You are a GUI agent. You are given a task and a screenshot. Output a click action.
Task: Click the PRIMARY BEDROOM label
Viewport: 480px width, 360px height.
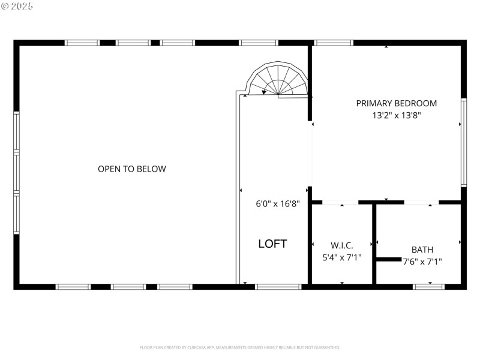[396, 103]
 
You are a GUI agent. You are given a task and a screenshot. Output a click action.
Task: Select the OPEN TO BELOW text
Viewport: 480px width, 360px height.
[132, 169]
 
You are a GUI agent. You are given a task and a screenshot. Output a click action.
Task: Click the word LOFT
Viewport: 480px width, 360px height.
[272, 244]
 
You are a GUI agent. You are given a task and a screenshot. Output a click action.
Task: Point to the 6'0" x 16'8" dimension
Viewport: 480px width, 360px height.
[278, 203]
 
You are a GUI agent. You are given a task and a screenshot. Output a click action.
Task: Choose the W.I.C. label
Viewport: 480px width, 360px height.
[342, 245]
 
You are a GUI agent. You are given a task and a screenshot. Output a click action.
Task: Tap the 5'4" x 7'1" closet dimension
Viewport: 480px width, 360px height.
[342, 257]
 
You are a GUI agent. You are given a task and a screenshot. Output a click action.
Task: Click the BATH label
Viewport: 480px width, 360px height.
[422, 250]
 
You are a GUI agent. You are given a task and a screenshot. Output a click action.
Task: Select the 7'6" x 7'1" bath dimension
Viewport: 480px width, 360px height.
[422, 262]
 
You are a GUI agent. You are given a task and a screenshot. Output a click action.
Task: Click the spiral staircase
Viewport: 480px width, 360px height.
[278, 80]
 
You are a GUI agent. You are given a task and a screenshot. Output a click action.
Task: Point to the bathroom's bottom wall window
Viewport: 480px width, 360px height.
[429, 287]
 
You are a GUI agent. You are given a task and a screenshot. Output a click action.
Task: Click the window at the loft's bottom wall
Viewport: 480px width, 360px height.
[278, 287]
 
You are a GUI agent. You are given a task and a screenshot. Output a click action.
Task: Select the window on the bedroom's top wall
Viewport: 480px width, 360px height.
[333, 43]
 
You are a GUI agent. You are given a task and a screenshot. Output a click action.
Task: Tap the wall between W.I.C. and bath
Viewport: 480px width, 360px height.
[374, 243]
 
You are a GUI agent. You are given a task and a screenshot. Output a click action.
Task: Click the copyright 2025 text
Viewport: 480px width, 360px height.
[17, 7]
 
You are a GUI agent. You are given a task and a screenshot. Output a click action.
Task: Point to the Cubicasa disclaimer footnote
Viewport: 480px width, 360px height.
[240, 347]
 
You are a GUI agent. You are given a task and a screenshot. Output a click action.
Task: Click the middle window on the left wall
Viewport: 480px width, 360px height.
[17, 173]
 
